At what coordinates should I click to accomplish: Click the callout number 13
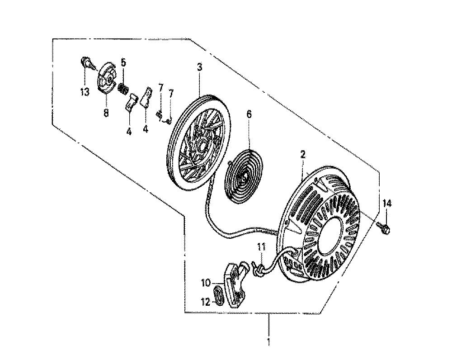pyautogui.click(x=85, y=92)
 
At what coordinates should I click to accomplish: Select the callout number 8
pyautogui.click(x=106, y=113)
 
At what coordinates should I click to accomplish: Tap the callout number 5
pyautogui.click(x=123, y=62)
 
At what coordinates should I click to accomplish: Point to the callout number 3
pyautogui.click(x=199, y=67)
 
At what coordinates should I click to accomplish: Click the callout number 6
pyautogui.click(x=249, y=114)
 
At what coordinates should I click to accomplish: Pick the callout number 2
pyautogui.click(x=303, y=155)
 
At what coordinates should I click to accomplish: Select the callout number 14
pyautogui.click(x=387, y=204)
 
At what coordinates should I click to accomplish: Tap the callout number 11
pyautogui.click(x=261, y=247)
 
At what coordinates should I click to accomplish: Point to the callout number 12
pyautogui.click(x=206, y=302)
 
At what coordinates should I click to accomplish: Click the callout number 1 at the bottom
pyautogui.click(x=268, y=341)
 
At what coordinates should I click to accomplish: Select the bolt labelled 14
pyautogui.click(x=384, y=228)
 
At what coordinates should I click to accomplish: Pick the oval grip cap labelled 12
pyautogui.click(x=220, y=294)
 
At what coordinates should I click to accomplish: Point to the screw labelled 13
pyautogui.click(x=87, y=63)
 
